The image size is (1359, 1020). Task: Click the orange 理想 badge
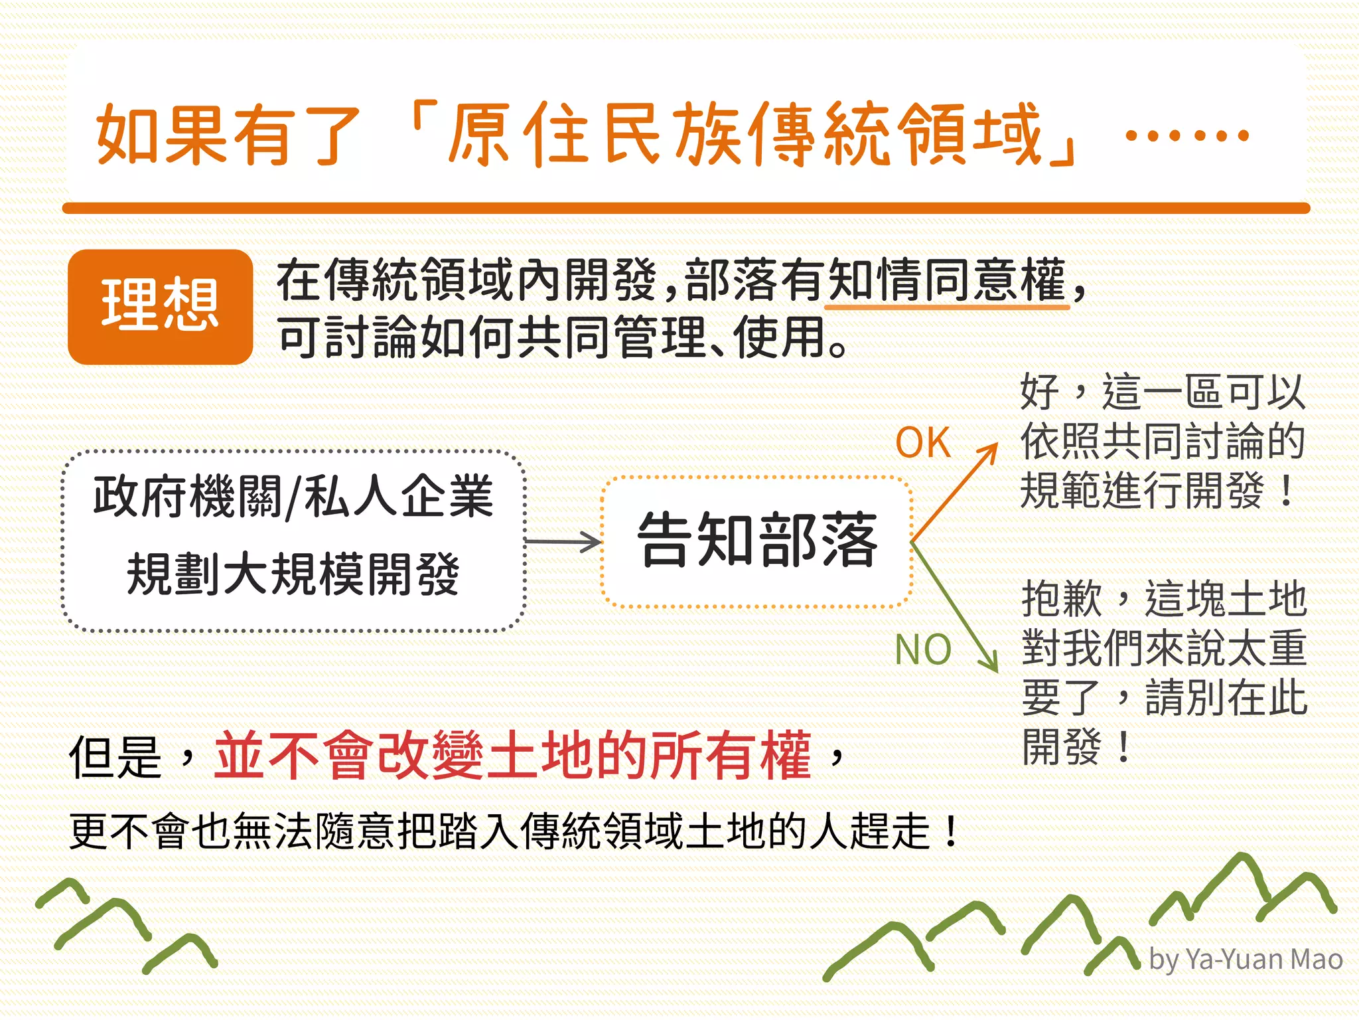pos(160,306)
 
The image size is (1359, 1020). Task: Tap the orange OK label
pos(922,443)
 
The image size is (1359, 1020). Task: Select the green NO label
pos(922,649)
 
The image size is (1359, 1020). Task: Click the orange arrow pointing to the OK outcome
pos(956,491)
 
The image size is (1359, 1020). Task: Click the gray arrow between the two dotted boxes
pos(563,542)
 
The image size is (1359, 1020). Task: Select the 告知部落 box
pos(756,541)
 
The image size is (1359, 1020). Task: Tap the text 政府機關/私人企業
pos(293,496)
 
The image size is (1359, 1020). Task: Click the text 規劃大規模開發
pos(293,574)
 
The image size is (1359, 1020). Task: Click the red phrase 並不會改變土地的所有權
pos(512,756)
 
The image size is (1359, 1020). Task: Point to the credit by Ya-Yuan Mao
pos(1246,960)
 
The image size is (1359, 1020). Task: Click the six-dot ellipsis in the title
pos(1187,136)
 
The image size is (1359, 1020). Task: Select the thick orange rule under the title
pos(686,209)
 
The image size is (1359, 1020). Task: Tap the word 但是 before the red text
pos(115,758)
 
